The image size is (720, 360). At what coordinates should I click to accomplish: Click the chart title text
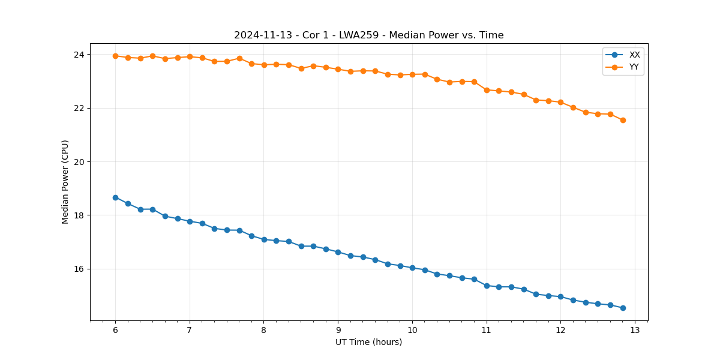(x=368, y=35)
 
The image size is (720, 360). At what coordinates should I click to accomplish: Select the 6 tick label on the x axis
(x=115, y=330)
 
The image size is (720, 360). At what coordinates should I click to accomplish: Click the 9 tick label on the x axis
(x=338, y=330)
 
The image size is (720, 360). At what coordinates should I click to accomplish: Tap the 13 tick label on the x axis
(x=635, y=330)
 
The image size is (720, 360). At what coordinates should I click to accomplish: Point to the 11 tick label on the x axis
(x=487, y=330)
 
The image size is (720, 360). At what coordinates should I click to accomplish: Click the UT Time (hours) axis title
(x=368, y=342)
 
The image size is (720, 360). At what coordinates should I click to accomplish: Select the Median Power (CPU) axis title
(x=65, y=182)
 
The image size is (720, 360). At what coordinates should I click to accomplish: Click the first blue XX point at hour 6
(x=115, y=197)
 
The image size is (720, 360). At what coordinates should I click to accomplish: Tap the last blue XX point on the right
(x=623, y=308)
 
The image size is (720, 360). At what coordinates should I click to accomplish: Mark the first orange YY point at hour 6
(x=115, y=56)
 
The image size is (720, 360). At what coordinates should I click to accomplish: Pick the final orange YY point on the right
(x=623, y=120)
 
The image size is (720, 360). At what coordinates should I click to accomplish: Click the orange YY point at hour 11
(x=487, y=90)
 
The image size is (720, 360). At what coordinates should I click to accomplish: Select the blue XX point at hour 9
(x=338, y=252)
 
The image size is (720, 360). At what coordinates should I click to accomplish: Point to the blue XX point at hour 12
(x=560, y=296)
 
